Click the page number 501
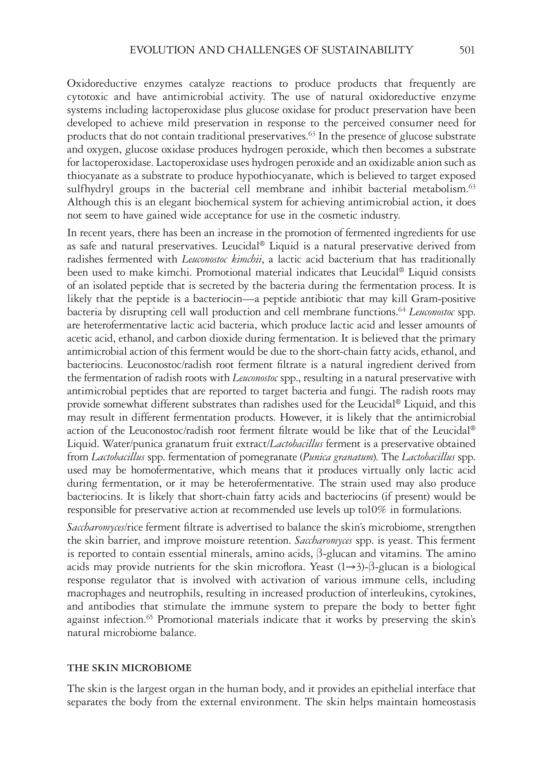pyautogui.click(x=467, y=50)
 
